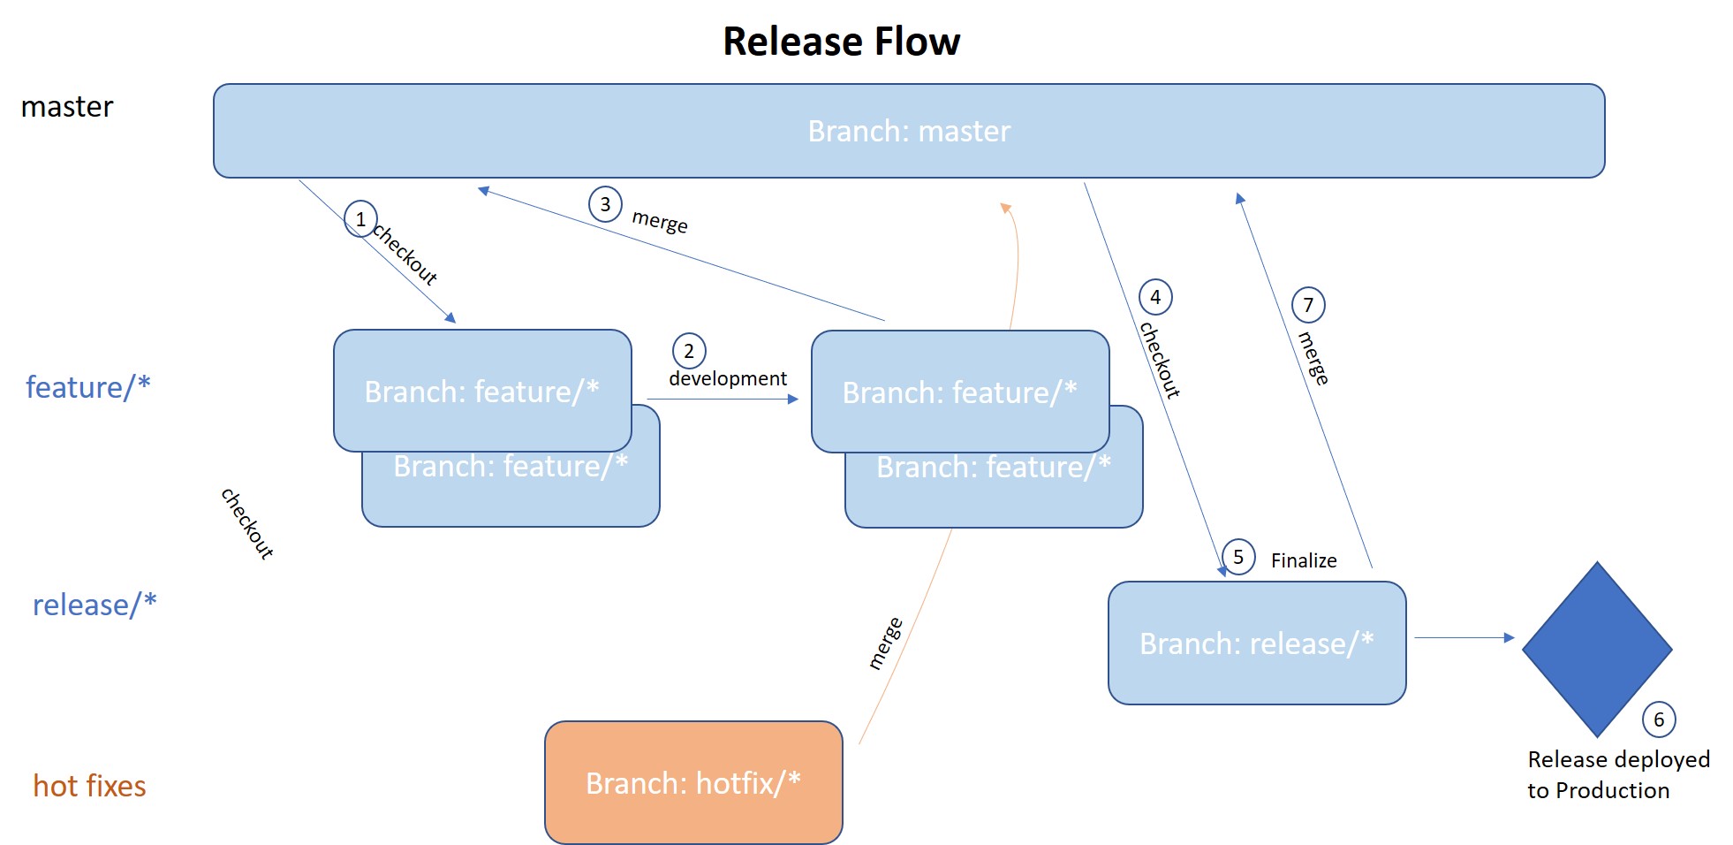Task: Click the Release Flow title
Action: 841,42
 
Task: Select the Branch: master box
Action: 908,131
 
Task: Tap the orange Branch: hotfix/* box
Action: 693,782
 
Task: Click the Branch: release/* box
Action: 1256,643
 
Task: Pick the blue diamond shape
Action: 1596,649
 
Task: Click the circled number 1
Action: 360,219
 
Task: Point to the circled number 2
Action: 689,351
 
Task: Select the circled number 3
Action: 605,204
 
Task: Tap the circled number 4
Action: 1155,297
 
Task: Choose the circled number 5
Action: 1238,557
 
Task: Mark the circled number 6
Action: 1659,719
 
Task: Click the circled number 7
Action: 1308,305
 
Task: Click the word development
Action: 727,378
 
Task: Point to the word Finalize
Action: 1303,560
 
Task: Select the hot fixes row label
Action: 89,786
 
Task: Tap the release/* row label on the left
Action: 95,605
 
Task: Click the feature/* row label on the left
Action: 87,387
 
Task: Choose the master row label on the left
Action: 67,107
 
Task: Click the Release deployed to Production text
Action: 1617,774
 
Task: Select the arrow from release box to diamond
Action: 1464,637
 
